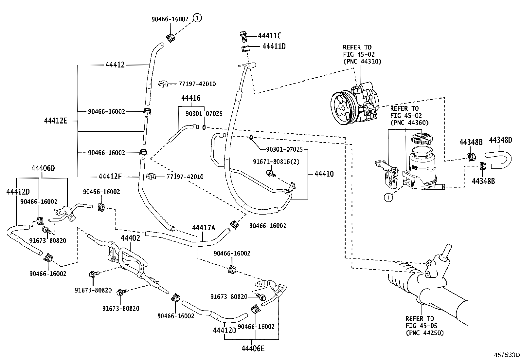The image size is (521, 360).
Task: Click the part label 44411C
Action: [269, 36]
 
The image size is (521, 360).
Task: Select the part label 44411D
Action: [274, 47]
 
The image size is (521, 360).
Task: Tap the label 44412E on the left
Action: [56, 121]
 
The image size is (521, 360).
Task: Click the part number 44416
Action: [191, 98]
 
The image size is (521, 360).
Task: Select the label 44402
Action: [130, 238]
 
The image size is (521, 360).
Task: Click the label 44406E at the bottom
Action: [253, 348]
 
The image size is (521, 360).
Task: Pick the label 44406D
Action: [43, 168]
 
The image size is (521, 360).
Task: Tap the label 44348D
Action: [500, 140]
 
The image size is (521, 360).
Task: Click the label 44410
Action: [324, 174]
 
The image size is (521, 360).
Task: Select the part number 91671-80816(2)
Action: [276, 161]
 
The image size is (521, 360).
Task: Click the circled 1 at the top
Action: [197, 18]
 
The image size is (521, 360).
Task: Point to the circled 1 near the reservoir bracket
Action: [388, 197]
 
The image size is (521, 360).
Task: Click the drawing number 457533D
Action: [507, 355]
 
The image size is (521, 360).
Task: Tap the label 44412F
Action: [110, 177]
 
